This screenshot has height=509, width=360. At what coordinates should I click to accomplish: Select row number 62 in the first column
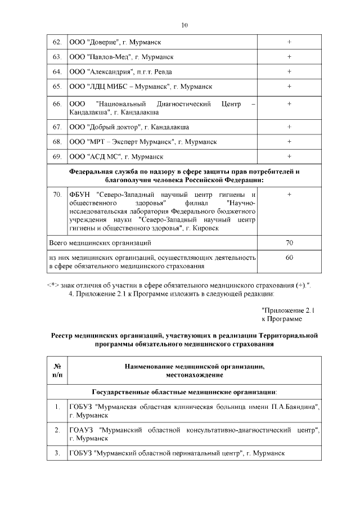(x=56, y=42)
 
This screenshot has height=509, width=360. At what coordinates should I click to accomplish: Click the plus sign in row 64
(x=289, y=71)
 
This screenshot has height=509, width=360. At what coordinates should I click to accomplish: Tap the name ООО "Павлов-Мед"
(x=101, y=57)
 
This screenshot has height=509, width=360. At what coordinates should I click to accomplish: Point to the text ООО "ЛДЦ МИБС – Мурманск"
(x=119, y=86)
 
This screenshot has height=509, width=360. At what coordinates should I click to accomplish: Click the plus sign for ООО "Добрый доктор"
(x=289, y=127)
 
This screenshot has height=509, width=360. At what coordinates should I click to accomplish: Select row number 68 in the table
(x=56, y=141)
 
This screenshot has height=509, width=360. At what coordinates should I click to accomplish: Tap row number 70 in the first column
(x=56, y=194)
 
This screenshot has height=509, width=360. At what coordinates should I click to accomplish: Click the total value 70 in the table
(x=289, y=242)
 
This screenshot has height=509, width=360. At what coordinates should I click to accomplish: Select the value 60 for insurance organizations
(x=289, y=257)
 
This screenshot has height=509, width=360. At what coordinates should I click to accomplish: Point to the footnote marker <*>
(x=53, y=285)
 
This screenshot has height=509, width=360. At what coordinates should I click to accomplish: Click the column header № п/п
(x=56, y=370)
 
